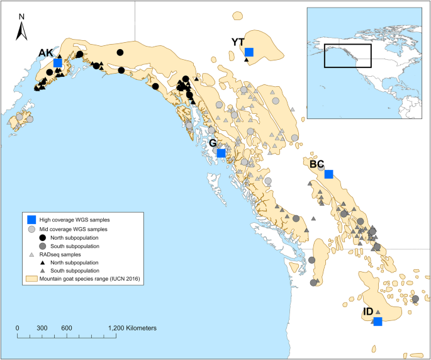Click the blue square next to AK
[58, 63]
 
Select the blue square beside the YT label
[249, 52]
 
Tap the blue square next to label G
[221, 153]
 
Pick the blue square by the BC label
[328, 174]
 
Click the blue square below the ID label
[377, 322]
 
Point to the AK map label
[45, 53]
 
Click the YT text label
[238, 42]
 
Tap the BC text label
[317, 164]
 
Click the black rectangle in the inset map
[347, 56]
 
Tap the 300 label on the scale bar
[42, 329]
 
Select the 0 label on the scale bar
[18, 329]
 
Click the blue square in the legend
[30, 220]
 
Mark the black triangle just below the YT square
[246, 60]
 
